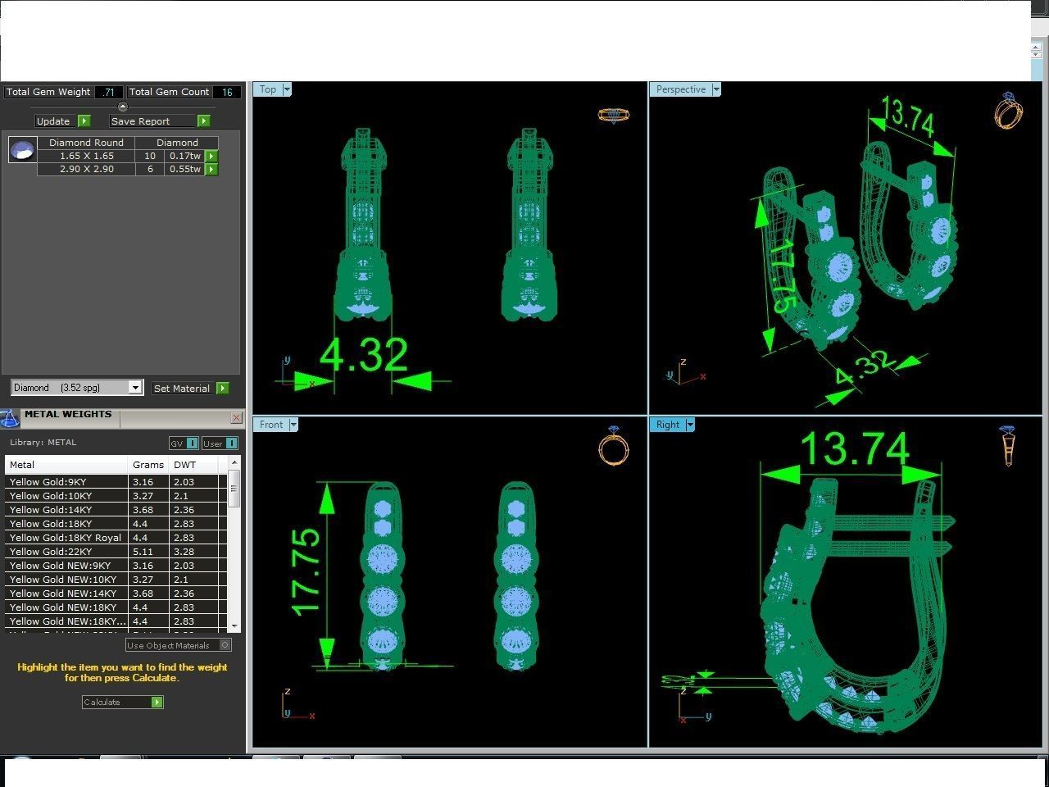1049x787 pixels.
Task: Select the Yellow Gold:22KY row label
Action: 51,552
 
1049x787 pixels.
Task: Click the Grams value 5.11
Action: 143,552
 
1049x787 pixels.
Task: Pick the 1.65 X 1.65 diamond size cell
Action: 86,156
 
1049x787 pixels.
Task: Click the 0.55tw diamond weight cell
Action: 184,169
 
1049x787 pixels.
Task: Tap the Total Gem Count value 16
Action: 227,93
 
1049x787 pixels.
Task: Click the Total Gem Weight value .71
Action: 109,93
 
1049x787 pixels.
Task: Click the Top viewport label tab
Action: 268,89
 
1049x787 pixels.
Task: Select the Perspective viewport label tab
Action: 680,89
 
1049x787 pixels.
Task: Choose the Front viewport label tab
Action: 271,425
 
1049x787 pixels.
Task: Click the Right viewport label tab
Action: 667,425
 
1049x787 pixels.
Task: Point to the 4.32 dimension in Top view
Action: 363,355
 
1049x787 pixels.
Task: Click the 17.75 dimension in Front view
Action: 306,571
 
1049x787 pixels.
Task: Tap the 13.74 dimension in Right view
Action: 854,448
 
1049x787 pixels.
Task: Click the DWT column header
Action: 185,465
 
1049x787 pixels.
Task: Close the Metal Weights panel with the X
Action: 236,418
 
